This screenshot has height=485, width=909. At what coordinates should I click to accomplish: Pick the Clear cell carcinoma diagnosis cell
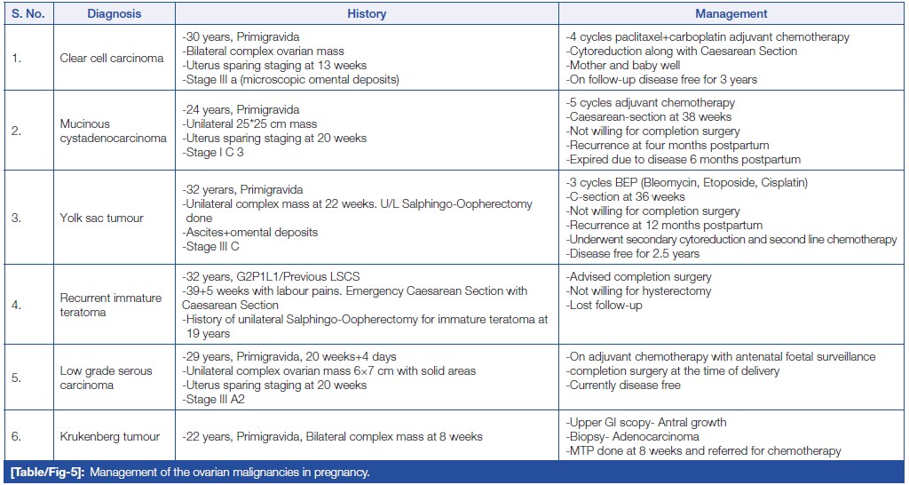pyautogui.click(x=112, y=59)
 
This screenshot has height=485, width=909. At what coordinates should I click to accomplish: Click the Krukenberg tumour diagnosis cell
pyautogui.click(x=110, y=437)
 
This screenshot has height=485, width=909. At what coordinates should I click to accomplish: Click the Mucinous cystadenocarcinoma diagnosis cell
pyautogui.click(x=113, y=131)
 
